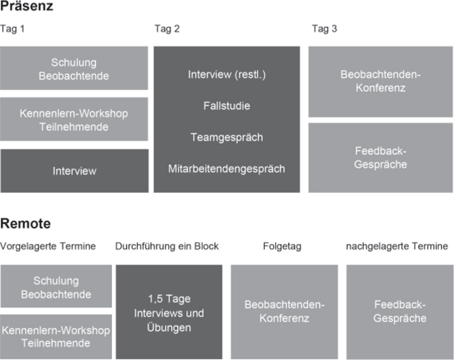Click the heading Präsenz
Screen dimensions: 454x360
(x=26, y=6)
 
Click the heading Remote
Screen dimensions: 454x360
(x=26, y=223)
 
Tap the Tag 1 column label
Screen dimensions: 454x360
(x=12, y=29)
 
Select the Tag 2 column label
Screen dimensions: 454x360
(x=167, y=29)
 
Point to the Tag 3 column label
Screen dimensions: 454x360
(x=325, y=29)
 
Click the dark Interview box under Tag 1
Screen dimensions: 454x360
(x=74, y=171)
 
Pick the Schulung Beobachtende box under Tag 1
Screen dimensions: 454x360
(x=74, y=68)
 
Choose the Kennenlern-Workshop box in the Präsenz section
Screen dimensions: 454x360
(x=74, y=119)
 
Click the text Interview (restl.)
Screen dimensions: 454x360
(x=227, y=75)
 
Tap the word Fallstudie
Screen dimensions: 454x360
(x=227, y=106)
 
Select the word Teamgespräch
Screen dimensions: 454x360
(x=227, y=138)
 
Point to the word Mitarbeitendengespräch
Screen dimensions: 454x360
(x=227, y=169)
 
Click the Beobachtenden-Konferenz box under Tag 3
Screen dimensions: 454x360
(x=381, y=82)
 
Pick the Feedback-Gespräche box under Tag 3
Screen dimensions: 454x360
(x=381, y=158)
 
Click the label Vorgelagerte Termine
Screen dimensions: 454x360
(x=48, y=247)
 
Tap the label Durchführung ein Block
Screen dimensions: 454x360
(x=166, y=247)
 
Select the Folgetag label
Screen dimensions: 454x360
(x=282, y=247)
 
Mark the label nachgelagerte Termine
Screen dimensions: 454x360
(x=397, y=247)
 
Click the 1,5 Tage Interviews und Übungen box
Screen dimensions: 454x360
(x=169, y=312)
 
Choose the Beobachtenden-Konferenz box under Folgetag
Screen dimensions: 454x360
(x=285, y=312)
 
